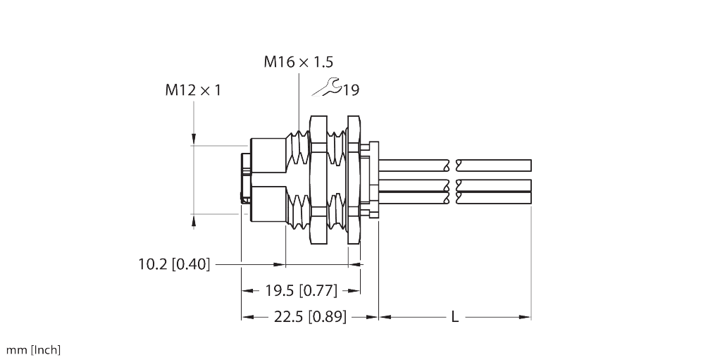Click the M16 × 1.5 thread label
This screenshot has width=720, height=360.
tap(298, 62)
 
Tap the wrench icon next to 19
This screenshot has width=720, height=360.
tap(328, 87)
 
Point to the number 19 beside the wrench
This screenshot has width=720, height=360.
tap(352, 90)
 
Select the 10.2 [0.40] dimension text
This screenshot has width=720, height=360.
tap(174, 265)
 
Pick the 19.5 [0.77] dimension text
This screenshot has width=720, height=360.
tap(301, 290)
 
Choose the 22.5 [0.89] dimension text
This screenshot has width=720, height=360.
tap(309, 317)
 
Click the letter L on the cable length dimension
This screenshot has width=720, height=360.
tap(455, 318)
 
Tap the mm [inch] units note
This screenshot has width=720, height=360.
tap(34, 350)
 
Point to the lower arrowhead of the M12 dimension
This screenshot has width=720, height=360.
tap(194, 221)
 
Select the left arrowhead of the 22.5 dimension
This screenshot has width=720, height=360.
tap(247, 318)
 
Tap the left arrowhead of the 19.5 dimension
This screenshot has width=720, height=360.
tap(247, 290)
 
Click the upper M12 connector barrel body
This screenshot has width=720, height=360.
tap(268, 156)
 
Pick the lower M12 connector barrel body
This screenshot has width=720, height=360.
tap(268, 204)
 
